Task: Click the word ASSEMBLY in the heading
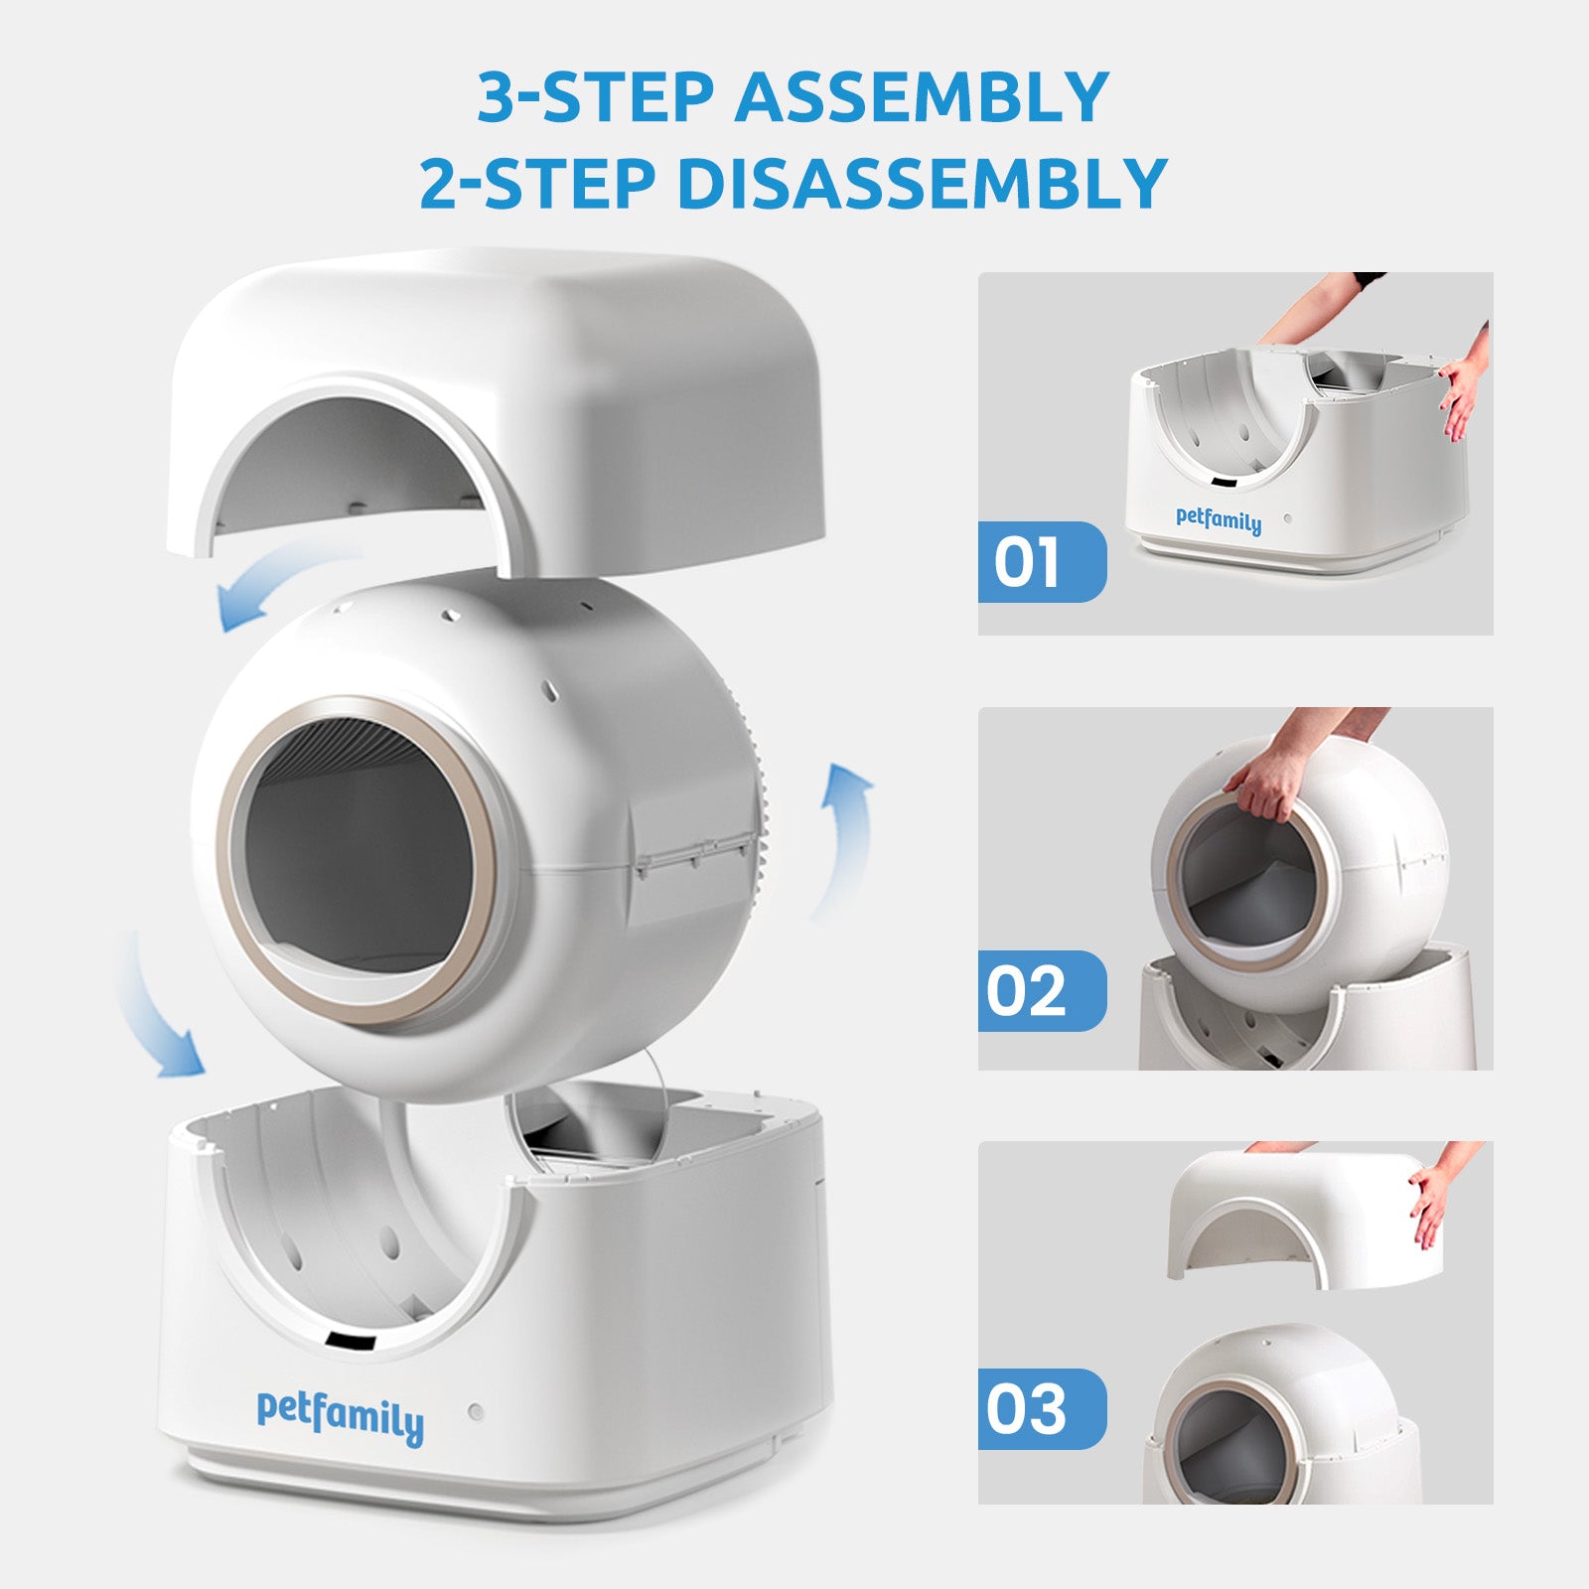[922, 96]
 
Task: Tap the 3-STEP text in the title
[596, 96]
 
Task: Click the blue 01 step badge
[1042, 561]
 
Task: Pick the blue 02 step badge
[1042, 990]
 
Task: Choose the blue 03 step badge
[1042, 1408]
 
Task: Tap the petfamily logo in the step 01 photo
[1219, 520]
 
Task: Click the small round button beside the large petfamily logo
[477, 1411]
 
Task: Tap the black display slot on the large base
[352, 1343]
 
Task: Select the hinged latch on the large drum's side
[693, 852]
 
